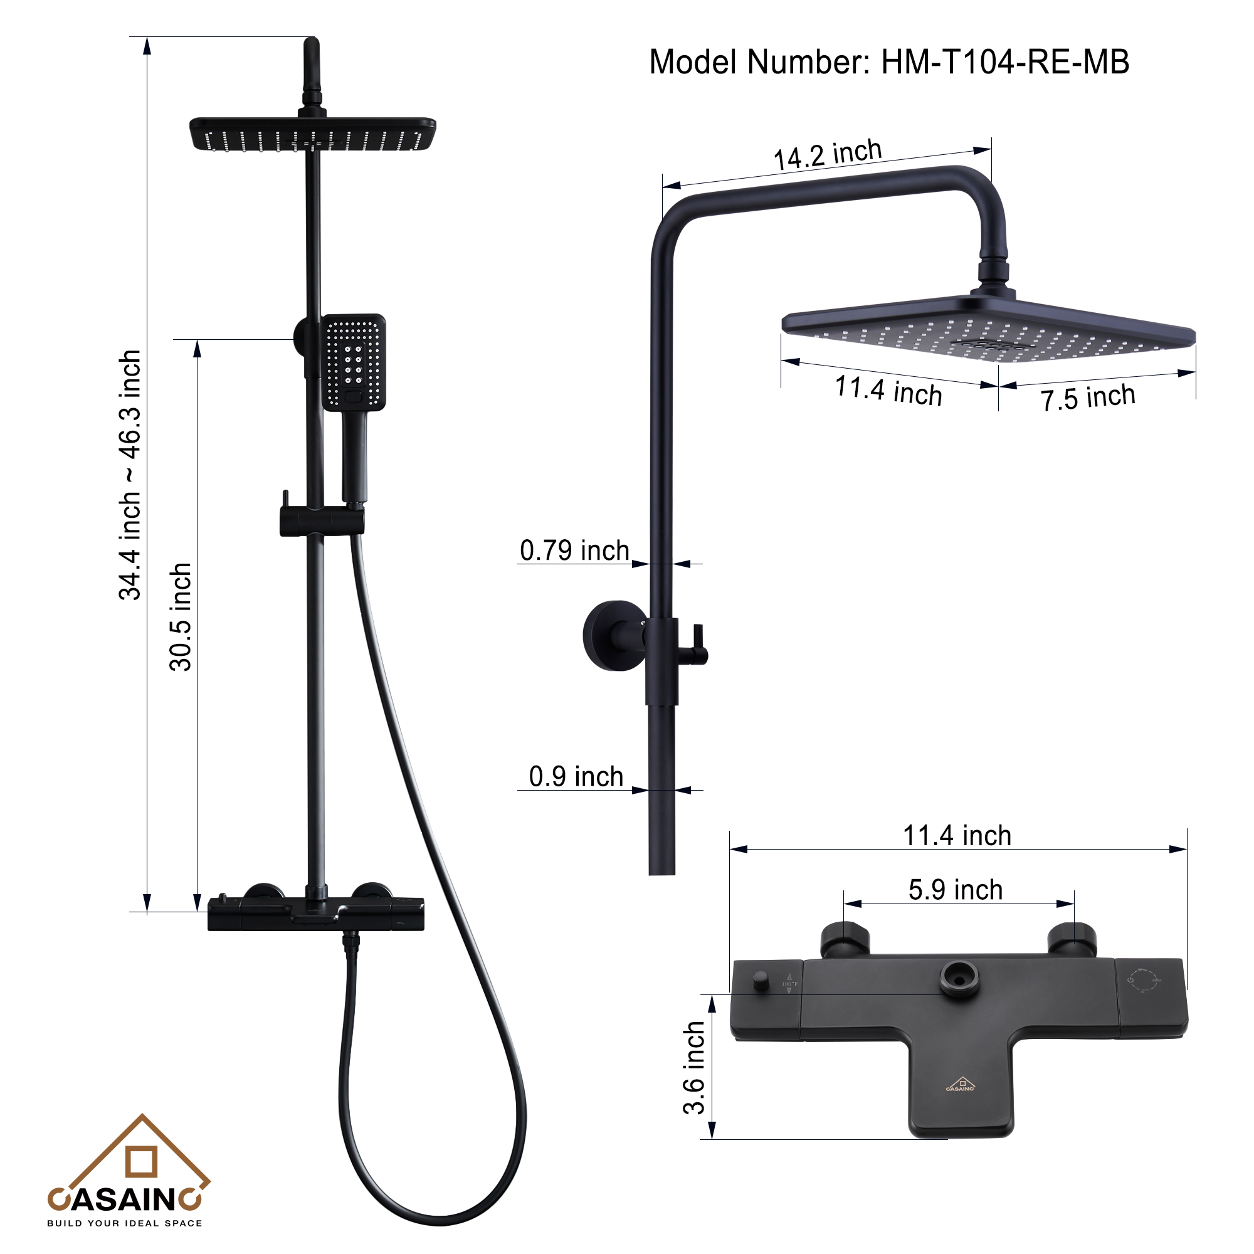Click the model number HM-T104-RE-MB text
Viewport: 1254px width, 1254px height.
pos(889,63)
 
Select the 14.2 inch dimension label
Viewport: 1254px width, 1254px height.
pos(828,155)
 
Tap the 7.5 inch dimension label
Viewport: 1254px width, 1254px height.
pos(1088,398)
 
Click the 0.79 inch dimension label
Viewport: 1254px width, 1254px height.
pos(574,551)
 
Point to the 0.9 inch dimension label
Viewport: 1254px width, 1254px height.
pos(576,777)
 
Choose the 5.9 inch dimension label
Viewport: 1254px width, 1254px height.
pos(956,890)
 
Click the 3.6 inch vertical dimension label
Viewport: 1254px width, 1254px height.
pos(694,1068)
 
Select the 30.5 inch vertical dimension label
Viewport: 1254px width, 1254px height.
pos(181,616)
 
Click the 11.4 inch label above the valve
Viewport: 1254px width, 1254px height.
pos(957,836)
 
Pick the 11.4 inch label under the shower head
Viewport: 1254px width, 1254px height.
pos(888,391)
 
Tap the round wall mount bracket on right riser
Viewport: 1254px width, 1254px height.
pos(613,635)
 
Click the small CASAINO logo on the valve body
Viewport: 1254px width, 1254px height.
pos(961,1085)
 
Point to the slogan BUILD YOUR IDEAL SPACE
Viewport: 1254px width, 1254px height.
pos(125,1223)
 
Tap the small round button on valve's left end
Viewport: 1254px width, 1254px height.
pos(760,980)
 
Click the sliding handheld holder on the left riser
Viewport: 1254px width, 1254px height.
pos(321,521)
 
